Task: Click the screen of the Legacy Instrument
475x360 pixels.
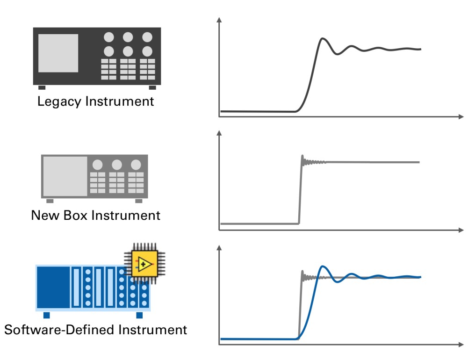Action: [58, 53]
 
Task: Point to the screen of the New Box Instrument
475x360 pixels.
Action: [65, 176]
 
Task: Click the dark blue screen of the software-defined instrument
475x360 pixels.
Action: [53, 287]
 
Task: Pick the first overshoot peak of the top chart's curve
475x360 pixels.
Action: [322, 39]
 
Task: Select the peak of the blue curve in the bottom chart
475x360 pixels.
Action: [322, 267]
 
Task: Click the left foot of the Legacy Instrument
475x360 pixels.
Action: [42, 87]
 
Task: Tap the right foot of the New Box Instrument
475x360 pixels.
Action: [139, 201]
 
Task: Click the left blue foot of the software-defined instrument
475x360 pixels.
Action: [46, 315]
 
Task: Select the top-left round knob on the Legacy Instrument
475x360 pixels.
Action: [109, 37]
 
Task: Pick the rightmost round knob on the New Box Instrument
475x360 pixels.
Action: [136, 165]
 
